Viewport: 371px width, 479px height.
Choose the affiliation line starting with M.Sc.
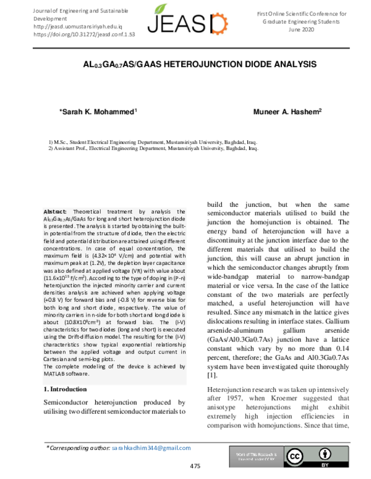[152, 141]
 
